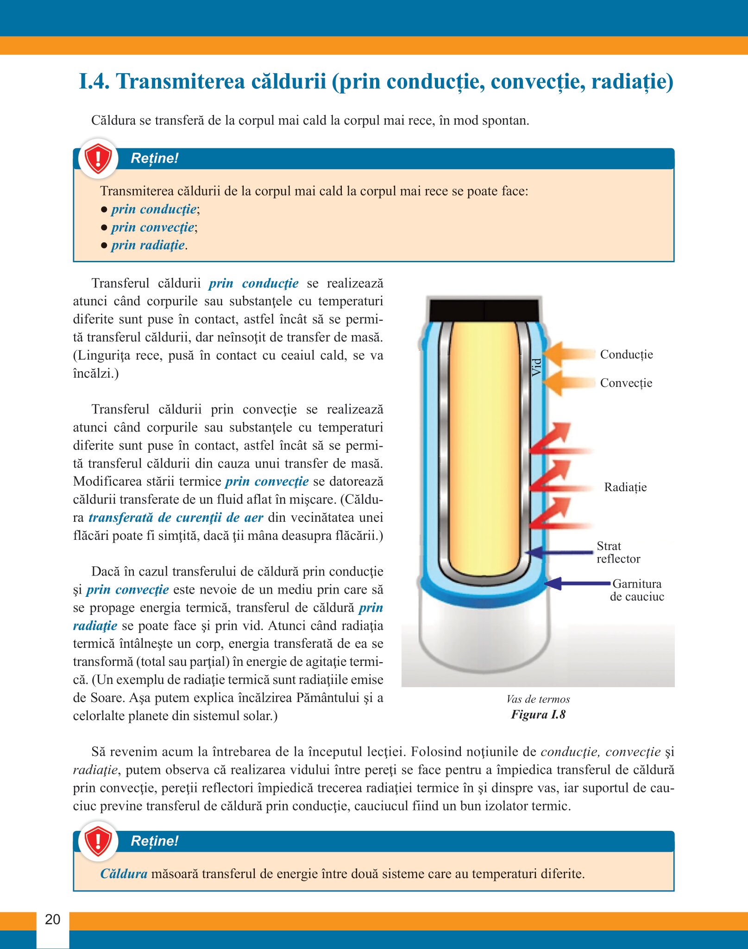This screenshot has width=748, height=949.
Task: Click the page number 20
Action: (x=52, y=919)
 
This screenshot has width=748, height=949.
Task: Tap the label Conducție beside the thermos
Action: (x=626, y=354)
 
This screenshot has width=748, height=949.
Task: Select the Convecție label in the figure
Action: (x=626, y=383)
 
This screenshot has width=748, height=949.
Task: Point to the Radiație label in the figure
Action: (x=625, y=487)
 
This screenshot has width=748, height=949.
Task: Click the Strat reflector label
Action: (x=618, y=552)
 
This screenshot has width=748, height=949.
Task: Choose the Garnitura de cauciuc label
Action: (x=637, y=590)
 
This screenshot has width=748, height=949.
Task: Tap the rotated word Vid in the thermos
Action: (x=536, y=367)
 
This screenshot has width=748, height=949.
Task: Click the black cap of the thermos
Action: (x=484, y=310)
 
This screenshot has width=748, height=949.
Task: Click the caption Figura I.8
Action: (x=538, y=715)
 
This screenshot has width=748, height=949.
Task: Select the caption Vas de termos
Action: (x=538, y=699)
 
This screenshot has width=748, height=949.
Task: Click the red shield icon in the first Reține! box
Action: (x=98, y=158)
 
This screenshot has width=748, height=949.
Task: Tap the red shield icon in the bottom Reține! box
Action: (x=98, y=841)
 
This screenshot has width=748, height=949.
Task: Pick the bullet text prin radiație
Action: (x=148, y=245)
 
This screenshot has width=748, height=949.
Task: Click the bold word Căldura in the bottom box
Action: (x=124, y=874)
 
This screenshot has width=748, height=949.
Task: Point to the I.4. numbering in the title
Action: (x=94, y=82)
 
